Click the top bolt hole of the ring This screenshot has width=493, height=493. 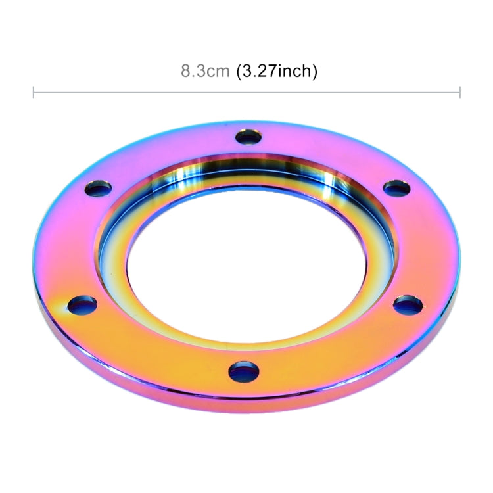tap(248, 137)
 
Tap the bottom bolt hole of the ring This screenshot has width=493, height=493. tap(244, 371)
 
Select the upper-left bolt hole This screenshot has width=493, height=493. tap(98, 189)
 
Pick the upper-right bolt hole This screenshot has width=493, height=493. tap(397, 188)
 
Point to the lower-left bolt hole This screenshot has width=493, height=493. tap(82, 305)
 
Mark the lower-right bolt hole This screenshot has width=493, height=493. tap(408, 305)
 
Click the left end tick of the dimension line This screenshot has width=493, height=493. tap(34, 92)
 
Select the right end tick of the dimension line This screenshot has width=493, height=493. tap(459, 92)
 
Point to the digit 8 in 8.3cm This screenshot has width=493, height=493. tap(185, 71)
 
